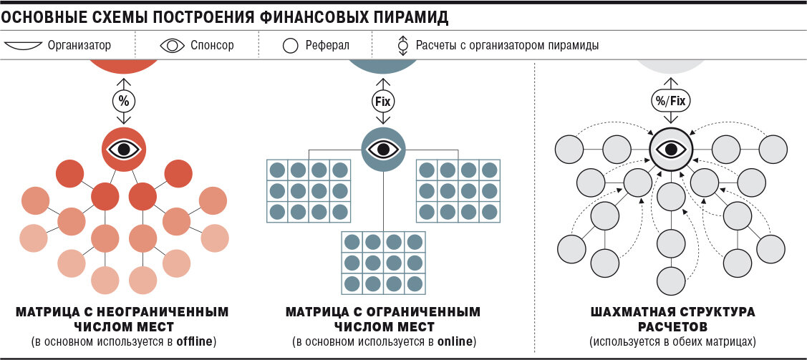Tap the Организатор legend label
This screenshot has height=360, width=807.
click(x=79, y=46)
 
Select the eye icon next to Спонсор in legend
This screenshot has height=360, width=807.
click(x=172, y=46)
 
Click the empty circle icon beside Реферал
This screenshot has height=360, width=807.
click(x=290, y=46)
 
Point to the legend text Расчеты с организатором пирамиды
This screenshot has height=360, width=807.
click(x=507, y=46)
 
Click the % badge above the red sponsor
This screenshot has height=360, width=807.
click(x=124, y=100)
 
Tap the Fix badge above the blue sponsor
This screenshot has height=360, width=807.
click(x=383, y=101)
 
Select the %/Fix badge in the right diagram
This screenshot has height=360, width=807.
click(x=670, y=101)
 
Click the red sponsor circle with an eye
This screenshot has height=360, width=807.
click(x=123, y=149)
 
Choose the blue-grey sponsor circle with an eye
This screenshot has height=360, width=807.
click(x=383, y=149)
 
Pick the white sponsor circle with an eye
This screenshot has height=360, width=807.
click(x=671, y=149)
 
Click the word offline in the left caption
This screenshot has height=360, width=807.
click(x=195, y=340)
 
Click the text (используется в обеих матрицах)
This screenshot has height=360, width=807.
click(x=672, y=341)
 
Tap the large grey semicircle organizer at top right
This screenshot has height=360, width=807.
click(x=670, y=67)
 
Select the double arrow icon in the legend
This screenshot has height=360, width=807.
click(x=402, y=46)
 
